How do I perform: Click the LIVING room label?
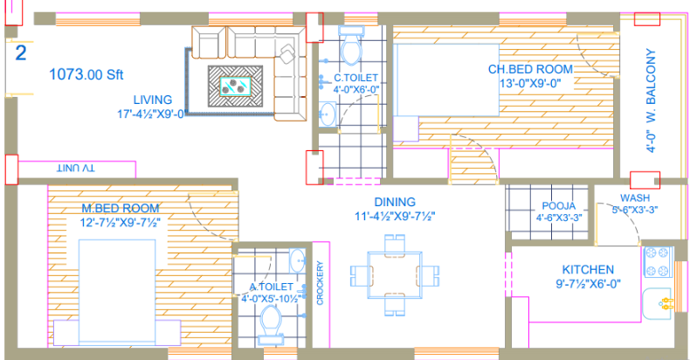click(153, 100)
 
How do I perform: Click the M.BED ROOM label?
click(121, 208)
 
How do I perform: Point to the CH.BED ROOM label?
click(530, 69)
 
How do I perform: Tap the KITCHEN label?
click(588, 270)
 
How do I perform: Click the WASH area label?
click(635, 197)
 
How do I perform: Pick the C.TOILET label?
click(355, 77)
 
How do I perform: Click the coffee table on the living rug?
click(236, 85)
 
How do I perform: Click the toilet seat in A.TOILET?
click(271, 330)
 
